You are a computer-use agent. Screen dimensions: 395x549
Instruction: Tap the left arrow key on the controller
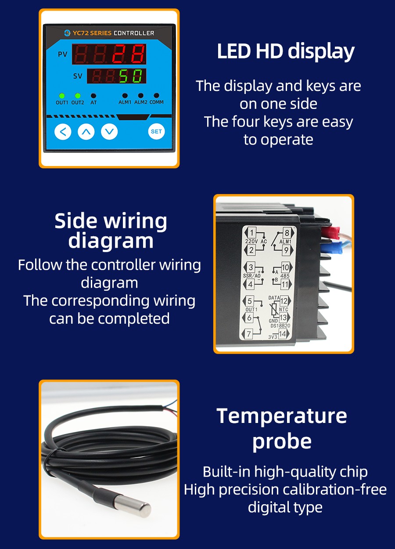click(63, 132)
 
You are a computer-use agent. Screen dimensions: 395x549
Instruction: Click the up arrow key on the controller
click(86, 132)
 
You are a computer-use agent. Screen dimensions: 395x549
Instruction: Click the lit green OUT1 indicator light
click(62, 96)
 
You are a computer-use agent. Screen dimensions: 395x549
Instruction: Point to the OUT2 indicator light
click(78, 96)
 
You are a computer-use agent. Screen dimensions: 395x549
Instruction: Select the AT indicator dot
click(93, 96)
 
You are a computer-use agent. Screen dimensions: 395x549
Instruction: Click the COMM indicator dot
click(157, 95)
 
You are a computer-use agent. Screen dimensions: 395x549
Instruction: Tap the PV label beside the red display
click(62, 54)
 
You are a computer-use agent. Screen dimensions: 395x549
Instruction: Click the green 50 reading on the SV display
click(130, 76)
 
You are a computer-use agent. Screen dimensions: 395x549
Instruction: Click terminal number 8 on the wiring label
click(287, 233)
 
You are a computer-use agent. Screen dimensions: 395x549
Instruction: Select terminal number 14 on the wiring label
click(282, 333)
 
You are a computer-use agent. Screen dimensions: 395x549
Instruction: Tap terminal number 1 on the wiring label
click(252, 232)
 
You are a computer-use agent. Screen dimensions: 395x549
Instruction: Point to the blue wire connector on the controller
click(331, 246)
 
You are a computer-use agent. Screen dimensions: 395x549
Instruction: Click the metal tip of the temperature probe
click(133, 506)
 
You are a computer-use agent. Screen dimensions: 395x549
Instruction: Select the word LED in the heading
click(234, 51)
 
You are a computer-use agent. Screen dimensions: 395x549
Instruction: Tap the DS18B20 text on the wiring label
click(280, 326)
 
